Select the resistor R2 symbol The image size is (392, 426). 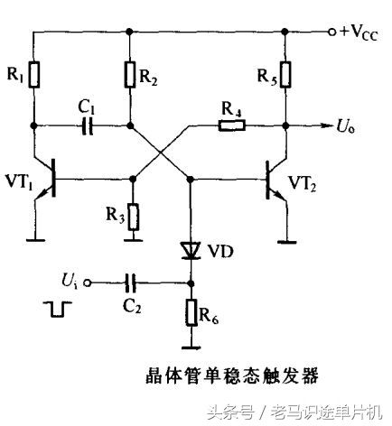pos(132,76)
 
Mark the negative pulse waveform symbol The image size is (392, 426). pos(57,309)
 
